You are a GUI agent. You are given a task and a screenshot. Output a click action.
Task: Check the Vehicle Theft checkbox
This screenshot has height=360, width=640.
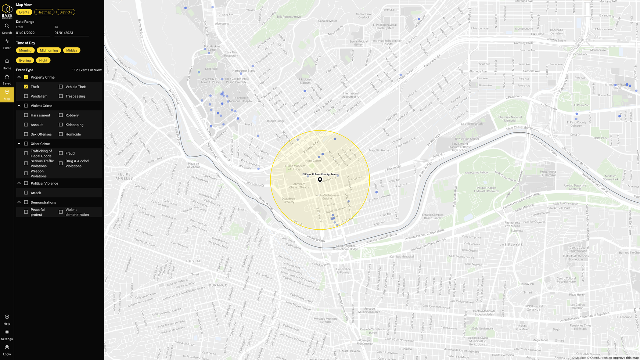click(x=61, y=87)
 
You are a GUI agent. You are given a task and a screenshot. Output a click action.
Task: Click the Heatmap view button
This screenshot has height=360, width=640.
click(x=44, y=12)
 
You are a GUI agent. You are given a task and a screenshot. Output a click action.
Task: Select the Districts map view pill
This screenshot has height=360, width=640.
click(x=66, y=12)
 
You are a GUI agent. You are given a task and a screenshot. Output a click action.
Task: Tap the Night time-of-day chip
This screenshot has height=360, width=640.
click(x=43, y=60)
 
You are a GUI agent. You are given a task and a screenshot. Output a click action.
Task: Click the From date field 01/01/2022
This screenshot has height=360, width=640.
click(x=33, y=33)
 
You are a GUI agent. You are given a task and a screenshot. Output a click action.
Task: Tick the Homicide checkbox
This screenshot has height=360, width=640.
click(x=61, y=134)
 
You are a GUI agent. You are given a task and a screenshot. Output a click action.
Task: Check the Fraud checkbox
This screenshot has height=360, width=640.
click(x=61, y=153)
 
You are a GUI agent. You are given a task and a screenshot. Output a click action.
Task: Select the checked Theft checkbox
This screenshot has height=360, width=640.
click(x=26, y=87)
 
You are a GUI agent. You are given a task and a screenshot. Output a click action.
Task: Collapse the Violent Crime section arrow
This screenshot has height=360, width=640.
click(x=19, y=106)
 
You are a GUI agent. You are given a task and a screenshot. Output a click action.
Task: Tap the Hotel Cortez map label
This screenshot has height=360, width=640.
click(x=313, y=161)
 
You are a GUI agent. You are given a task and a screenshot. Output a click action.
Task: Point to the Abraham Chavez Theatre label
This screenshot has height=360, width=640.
click(x=299, y=186)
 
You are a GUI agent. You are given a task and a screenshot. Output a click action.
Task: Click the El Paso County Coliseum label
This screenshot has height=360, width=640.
click(x=576, y=124)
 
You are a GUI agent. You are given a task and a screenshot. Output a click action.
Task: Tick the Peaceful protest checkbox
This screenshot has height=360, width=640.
click(x=26, y=212)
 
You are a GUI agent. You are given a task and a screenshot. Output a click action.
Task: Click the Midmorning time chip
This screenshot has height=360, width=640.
click(x=49, y=50)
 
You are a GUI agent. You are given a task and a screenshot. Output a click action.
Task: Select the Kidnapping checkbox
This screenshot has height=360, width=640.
click(x=61, y=125)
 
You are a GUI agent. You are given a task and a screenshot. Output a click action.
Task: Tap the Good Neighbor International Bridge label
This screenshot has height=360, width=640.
click(x=345, y=247)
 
